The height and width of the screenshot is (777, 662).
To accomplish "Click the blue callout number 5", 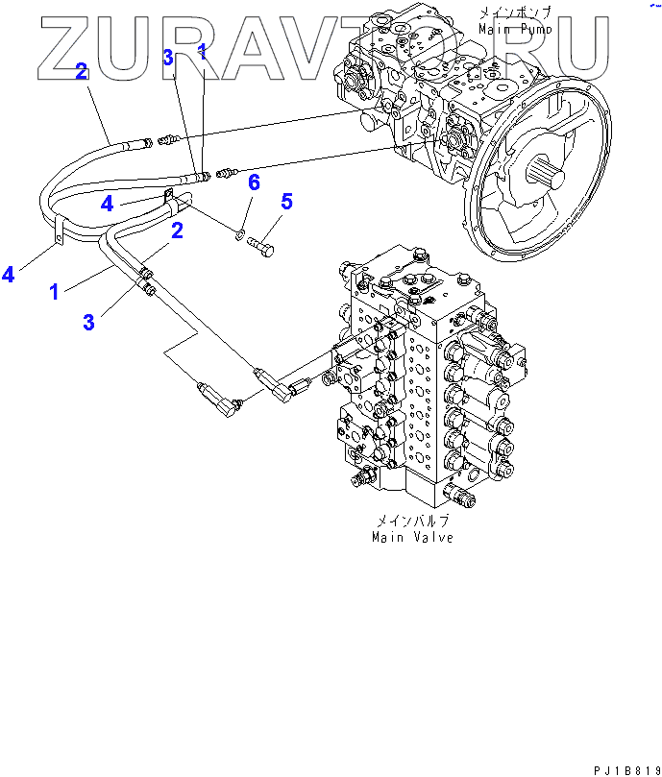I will point(286,202).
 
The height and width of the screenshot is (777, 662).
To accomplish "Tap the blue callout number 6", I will point(254,182).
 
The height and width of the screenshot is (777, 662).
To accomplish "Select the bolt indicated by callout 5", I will point(261,248).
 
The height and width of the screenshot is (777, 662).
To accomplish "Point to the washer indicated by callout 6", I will point(240,232).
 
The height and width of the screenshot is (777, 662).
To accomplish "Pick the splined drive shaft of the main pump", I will point(545,177).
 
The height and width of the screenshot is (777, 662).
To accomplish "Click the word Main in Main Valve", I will point(389,537).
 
